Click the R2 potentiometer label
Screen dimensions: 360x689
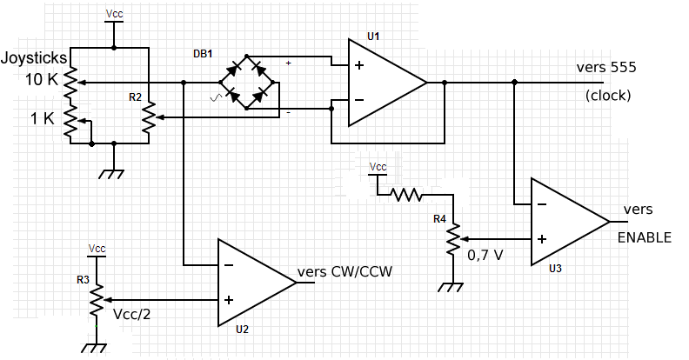pos(135,97)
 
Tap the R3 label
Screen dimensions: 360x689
pos(84,280)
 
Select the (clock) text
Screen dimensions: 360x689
pos(608,95)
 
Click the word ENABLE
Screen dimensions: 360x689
pos(644,237)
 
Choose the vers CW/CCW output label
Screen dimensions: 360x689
pos(344,271)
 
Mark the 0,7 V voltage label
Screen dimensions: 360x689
pos(485,257)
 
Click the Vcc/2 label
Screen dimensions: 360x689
pos(132,313)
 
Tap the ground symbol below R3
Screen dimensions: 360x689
pos(93,347)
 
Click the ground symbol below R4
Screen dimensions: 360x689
pos(452,286)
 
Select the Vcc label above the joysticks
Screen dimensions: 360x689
pos(114,15)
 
